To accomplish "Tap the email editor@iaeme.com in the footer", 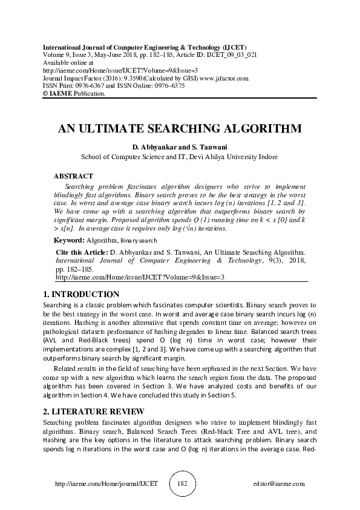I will pyautogui.click(x=280, y=484).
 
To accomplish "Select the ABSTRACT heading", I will pyautogui.click(x=73, y=175).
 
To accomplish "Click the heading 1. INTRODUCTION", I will pyautogui.click(x=82, y=294).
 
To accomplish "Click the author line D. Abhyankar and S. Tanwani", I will pyautogui.click(x=180, y=147).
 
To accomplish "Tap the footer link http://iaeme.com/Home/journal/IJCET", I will pyautogui.click(x=106, y=484).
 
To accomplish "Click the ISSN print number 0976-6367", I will pyautogui.click(x=87, y=86).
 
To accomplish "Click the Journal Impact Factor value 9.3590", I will pyautogui.click(x=117, y=78).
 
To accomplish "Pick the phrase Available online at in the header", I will pyautogui.click(x=68, y=62).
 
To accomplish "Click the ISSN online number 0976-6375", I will pyautogui.click(x=168, y=86).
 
